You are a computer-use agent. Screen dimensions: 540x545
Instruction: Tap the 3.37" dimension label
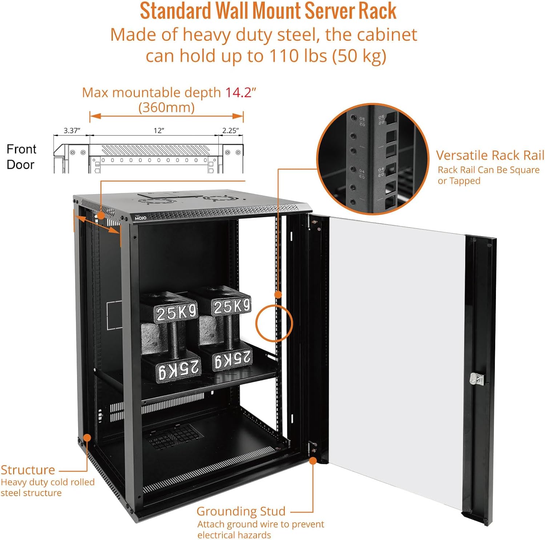[72, 131]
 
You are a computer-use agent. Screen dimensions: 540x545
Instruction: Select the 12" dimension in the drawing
[159, 131]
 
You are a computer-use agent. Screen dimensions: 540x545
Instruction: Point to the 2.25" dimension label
[230, 131]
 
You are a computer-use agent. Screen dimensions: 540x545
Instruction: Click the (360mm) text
[166, 107]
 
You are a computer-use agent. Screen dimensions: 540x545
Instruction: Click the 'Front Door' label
[21, 157]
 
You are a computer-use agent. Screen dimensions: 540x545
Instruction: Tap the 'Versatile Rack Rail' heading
[490, 155]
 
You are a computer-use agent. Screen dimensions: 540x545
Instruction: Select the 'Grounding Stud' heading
[241, 511]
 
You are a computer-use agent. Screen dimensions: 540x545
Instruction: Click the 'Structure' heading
[28, 470]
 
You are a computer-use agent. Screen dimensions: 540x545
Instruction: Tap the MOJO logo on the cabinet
[140, 218]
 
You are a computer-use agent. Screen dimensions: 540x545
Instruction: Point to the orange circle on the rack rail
[274, 323]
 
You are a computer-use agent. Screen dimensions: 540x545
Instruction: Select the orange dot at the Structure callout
[87, 438]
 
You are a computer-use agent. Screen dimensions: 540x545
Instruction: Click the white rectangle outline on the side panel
[114, 315]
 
